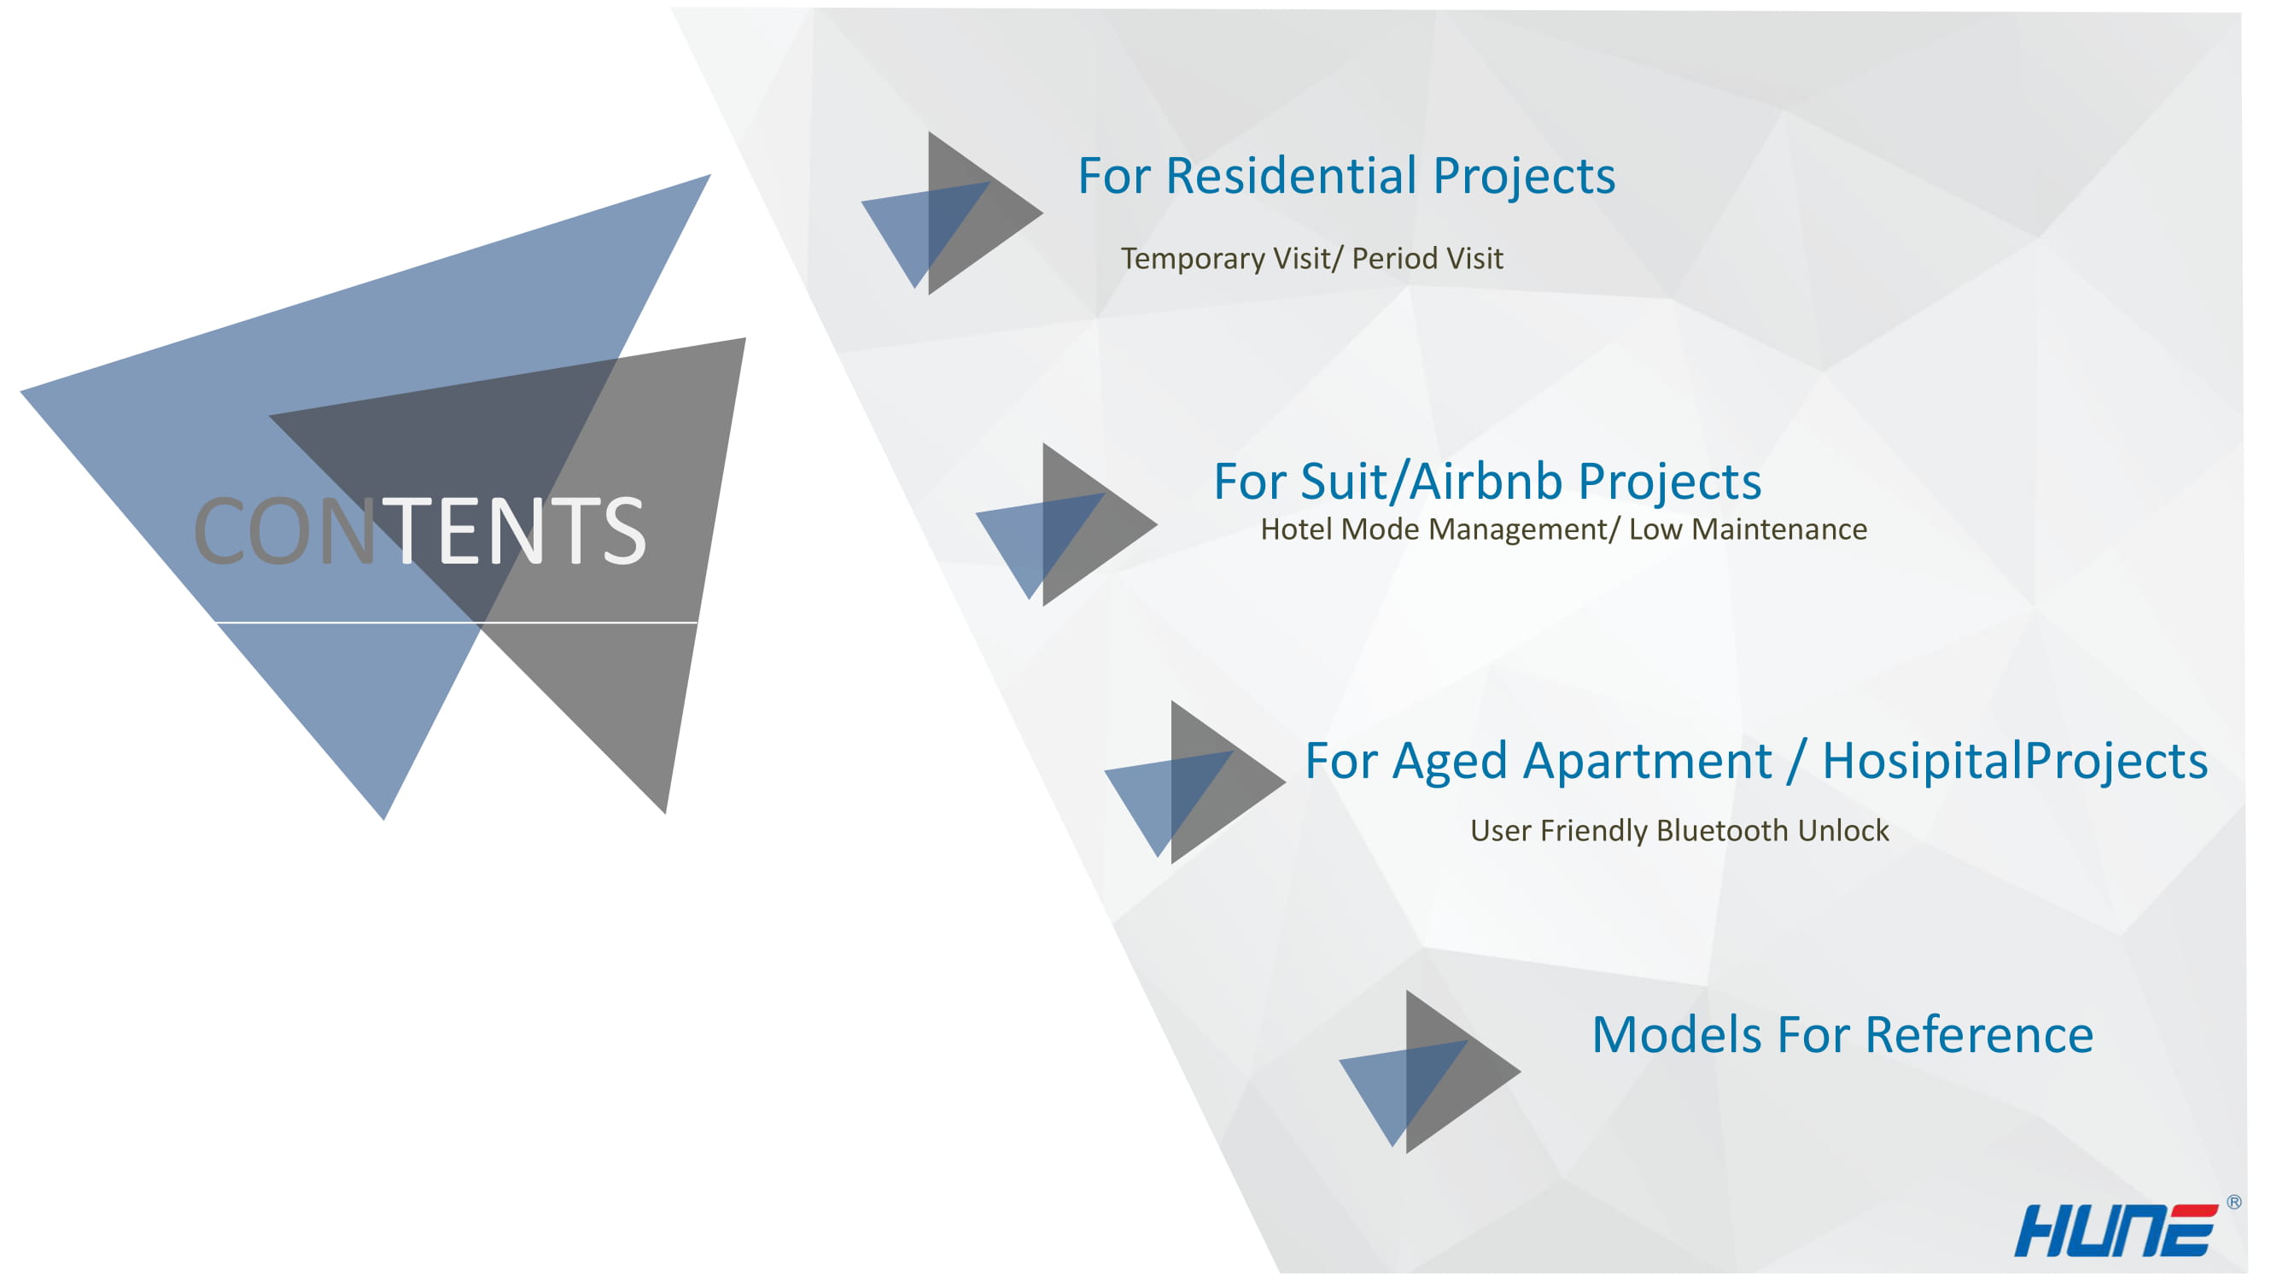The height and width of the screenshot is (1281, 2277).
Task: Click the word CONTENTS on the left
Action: (x=420, y=530)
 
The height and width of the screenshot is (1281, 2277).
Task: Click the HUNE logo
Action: (x=2116, y=1230)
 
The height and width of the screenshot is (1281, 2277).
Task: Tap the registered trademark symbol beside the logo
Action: (x=2233, y=1202)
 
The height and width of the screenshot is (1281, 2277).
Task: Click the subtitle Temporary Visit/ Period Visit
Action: (x=1311, y=258)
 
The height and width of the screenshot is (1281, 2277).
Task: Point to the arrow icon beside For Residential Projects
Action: (x=952, y=213)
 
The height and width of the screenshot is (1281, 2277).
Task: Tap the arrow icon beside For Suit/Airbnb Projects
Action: (x=1066, y=524)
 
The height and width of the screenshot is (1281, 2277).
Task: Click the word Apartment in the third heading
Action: (x=1648, y=762)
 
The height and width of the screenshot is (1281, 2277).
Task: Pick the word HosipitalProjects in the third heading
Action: (x=2016, y=762)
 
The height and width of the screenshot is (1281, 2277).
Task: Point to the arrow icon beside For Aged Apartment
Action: (x=1195, y=782)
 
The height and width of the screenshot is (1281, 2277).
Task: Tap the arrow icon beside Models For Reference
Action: (x=1430, y=1072)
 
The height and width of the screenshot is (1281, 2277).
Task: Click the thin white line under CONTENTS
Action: (x=457, y=623)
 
